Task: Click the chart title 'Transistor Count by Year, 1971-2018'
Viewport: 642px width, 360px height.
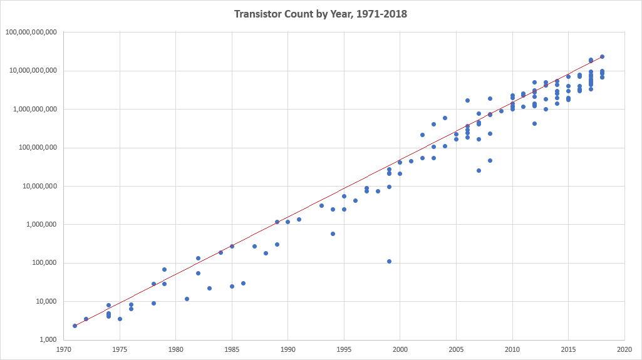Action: [x=321, y=14]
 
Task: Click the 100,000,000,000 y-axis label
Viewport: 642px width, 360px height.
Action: [x=31, y=32]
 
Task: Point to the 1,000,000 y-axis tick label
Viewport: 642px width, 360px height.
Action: [x=40, y=225]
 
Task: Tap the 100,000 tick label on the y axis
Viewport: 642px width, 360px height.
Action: [x=43, y=263]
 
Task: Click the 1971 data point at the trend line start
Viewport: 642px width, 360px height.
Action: [x=75, y=326]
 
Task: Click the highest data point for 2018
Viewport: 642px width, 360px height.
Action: [x=602, y=56]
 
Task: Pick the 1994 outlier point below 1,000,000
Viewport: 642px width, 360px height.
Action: [x=333, y=234]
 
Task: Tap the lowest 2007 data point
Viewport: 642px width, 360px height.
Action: [x=479, y=170]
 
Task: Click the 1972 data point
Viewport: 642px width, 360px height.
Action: [x=86, y=319]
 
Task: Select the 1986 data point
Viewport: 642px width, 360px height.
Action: [x=243, y=283]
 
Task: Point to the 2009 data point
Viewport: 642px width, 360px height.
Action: [x=501, y=111]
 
